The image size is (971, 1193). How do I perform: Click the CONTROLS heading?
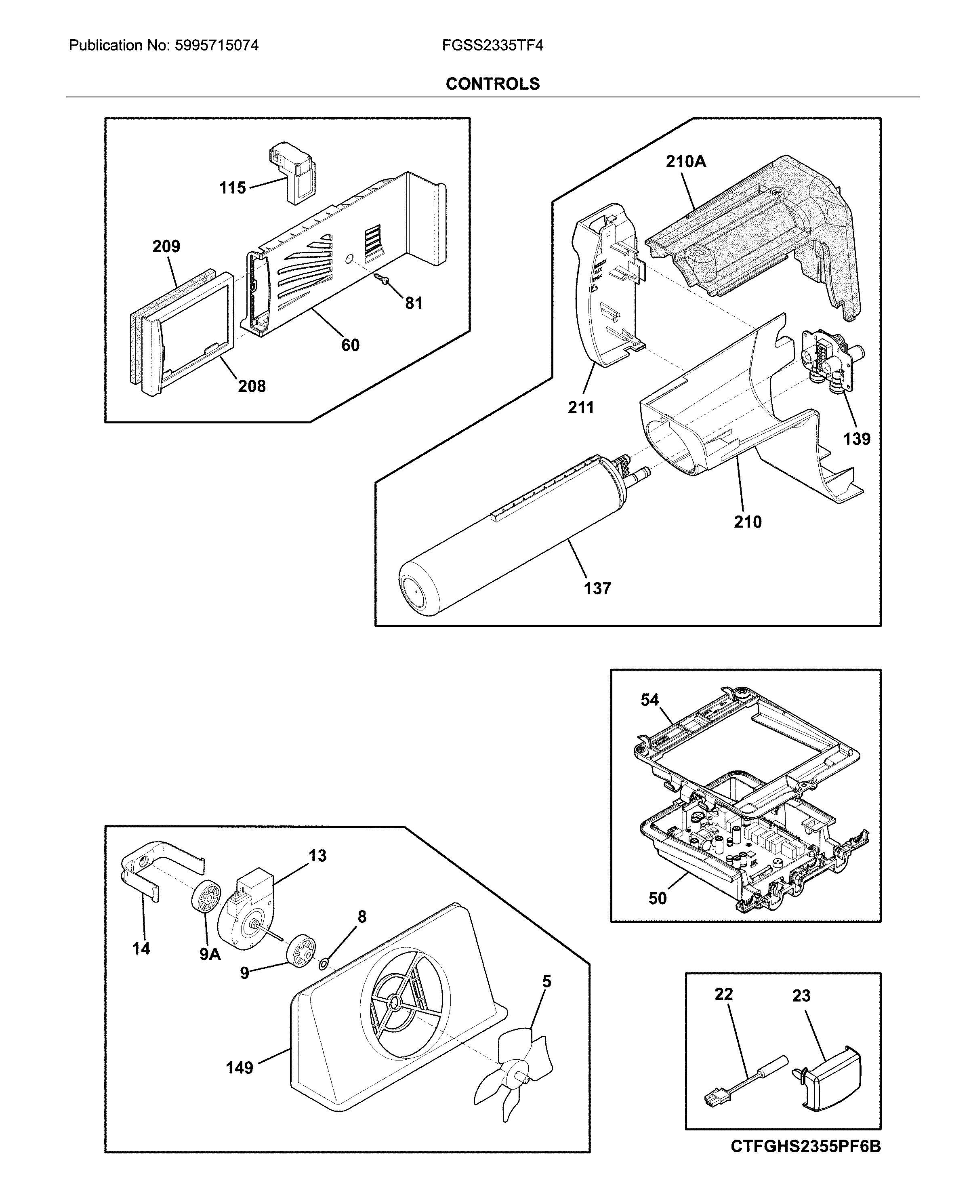492,84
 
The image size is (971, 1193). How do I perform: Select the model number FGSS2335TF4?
492,45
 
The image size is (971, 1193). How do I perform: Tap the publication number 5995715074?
216,45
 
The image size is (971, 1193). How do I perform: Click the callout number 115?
232,188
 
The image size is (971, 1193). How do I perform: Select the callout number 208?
252,386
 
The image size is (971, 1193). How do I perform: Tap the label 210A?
686,162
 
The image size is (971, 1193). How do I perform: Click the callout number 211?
580,408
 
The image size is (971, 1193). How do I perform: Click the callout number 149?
240,1068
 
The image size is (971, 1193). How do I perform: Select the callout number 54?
649,700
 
